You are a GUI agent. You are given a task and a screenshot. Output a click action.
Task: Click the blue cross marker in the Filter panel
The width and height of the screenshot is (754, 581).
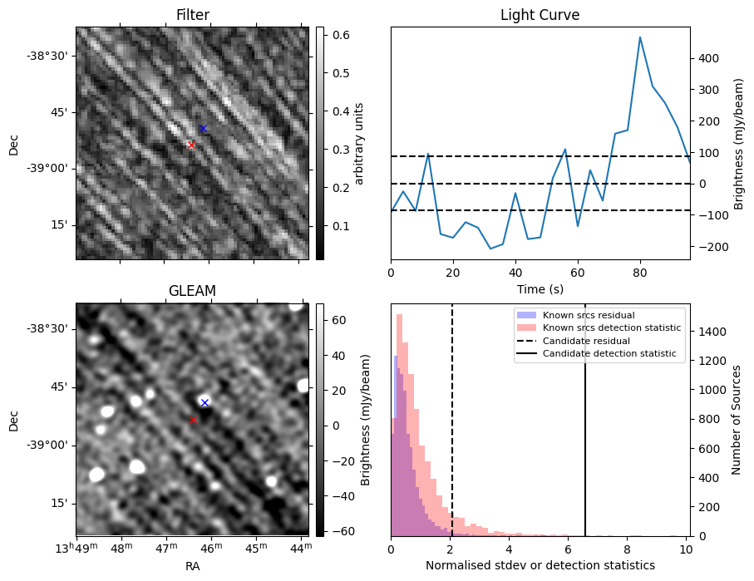click(x=203, y=128)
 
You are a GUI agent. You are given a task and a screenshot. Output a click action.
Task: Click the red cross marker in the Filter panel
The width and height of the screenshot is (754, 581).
click(x=191, y=145)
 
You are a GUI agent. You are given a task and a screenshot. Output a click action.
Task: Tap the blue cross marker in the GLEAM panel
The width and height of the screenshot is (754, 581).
click(x=205, y=402)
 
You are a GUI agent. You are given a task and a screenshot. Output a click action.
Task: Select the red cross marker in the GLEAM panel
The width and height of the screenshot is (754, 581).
click(x=193, y=420)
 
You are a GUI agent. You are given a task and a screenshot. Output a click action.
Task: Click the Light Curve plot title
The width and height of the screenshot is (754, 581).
click(x=540, y=15)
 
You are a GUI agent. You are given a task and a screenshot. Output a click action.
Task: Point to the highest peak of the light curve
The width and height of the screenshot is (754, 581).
click(x=640, y=37)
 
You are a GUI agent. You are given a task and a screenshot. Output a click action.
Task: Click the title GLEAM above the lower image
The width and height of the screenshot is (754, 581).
click(x=193, y=290)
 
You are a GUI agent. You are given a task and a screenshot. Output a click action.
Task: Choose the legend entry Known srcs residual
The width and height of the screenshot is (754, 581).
click(x=589, y=315)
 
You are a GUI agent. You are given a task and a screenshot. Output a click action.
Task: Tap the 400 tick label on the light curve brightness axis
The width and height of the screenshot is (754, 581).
click(x=707, y=58)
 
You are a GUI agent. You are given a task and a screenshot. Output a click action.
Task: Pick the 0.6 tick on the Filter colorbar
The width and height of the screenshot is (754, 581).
click(x=341, y=35)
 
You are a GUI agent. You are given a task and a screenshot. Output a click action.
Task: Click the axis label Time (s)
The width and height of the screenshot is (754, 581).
click(x=540, y=288)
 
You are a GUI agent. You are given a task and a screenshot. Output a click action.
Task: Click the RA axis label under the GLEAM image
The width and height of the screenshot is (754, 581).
click(x=193, y=566)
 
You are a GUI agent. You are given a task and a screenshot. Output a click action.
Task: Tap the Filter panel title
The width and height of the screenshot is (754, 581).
click(x=193, y=15)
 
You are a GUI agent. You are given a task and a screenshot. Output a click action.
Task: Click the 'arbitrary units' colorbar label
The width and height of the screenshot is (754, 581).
click(x=360, y=143)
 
